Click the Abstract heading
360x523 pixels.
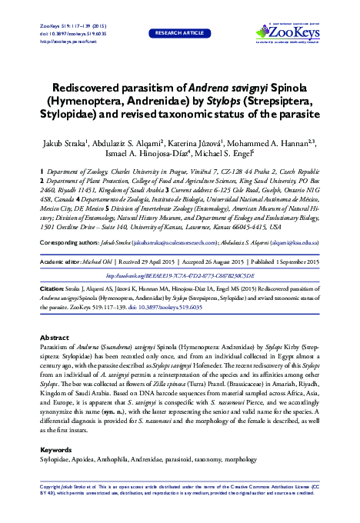pyautogui.click(x=55, y=338)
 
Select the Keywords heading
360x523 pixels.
pyautogui.click(x=55, y=448)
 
